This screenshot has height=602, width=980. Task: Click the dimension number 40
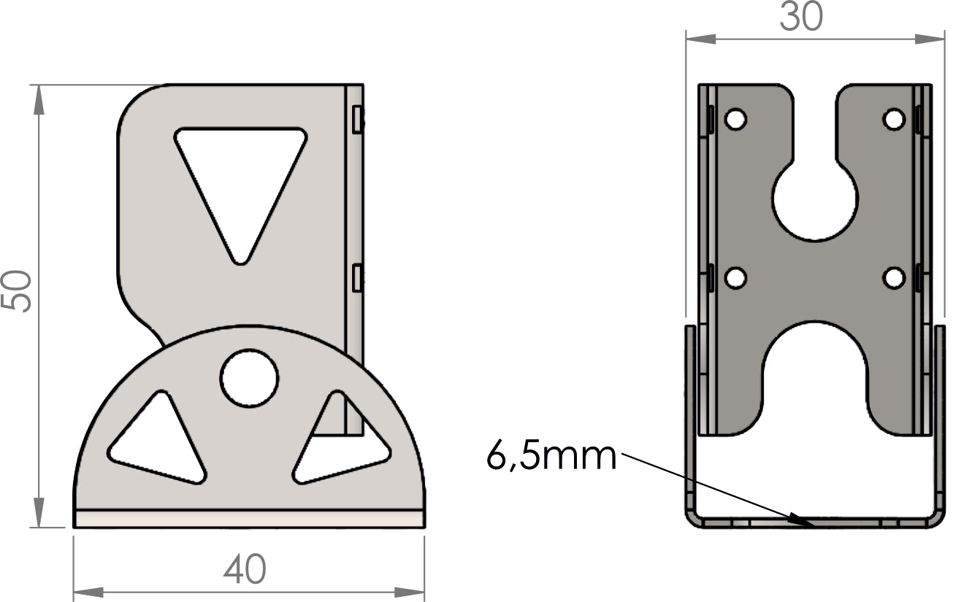(x=245, y=568)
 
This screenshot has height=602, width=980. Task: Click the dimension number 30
(x=801, y=17)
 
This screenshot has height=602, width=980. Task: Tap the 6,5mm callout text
(x=551, y=456)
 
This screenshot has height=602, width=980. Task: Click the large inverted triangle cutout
(x=241, y=184)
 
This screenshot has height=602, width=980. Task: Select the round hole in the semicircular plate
(x=249, y=378)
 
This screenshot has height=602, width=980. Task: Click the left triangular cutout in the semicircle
(x=158, y=437)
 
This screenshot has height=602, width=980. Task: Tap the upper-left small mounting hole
(x=736, y=119)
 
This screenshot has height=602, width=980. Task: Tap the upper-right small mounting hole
(x=895, y=119)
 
